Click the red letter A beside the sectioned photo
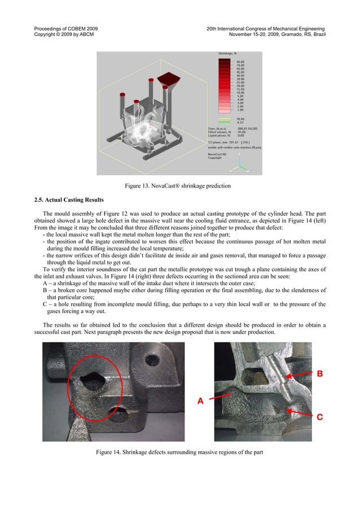coord(200,402)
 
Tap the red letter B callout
coord(319,373)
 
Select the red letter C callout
coord(319,417)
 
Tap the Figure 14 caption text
coord(179,452)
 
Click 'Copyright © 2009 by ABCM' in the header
coord(64,35)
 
